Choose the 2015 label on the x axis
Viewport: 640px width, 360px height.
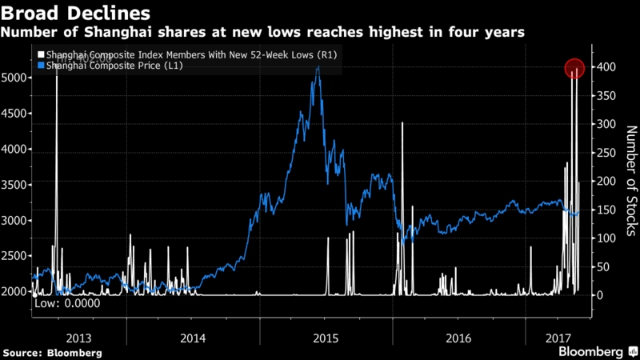(x=325, y=337)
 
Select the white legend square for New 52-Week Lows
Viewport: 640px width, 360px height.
(x=41, y=54)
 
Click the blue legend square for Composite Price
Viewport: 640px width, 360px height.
(x=41, y=65)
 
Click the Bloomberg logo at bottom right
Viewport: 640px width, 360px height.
(x=597, y=351)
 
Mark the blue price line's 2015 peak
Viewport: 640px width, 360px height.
(x=318, y=66)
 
